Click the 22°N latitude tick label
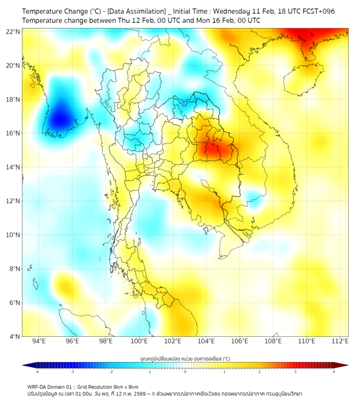click(x=13, y=31)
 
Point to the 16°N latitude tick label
click(x=13, y=133)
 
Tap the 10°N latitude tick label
click(x=13, y=235)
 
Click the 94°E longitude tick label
click(x=39, y=341)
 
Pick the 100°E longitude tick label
click(x=140, y=341)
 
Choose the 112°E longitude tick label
click(x=340, y=341)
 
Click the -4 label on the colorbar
click(x=37, y=372)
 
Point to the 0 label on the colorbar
click(x=185, y=372)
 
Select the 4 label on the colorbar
click(x=334, y=372)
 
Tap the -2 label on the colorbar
click(x=111, y=372)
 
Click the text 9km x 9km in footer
click(x=125, y=386)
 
